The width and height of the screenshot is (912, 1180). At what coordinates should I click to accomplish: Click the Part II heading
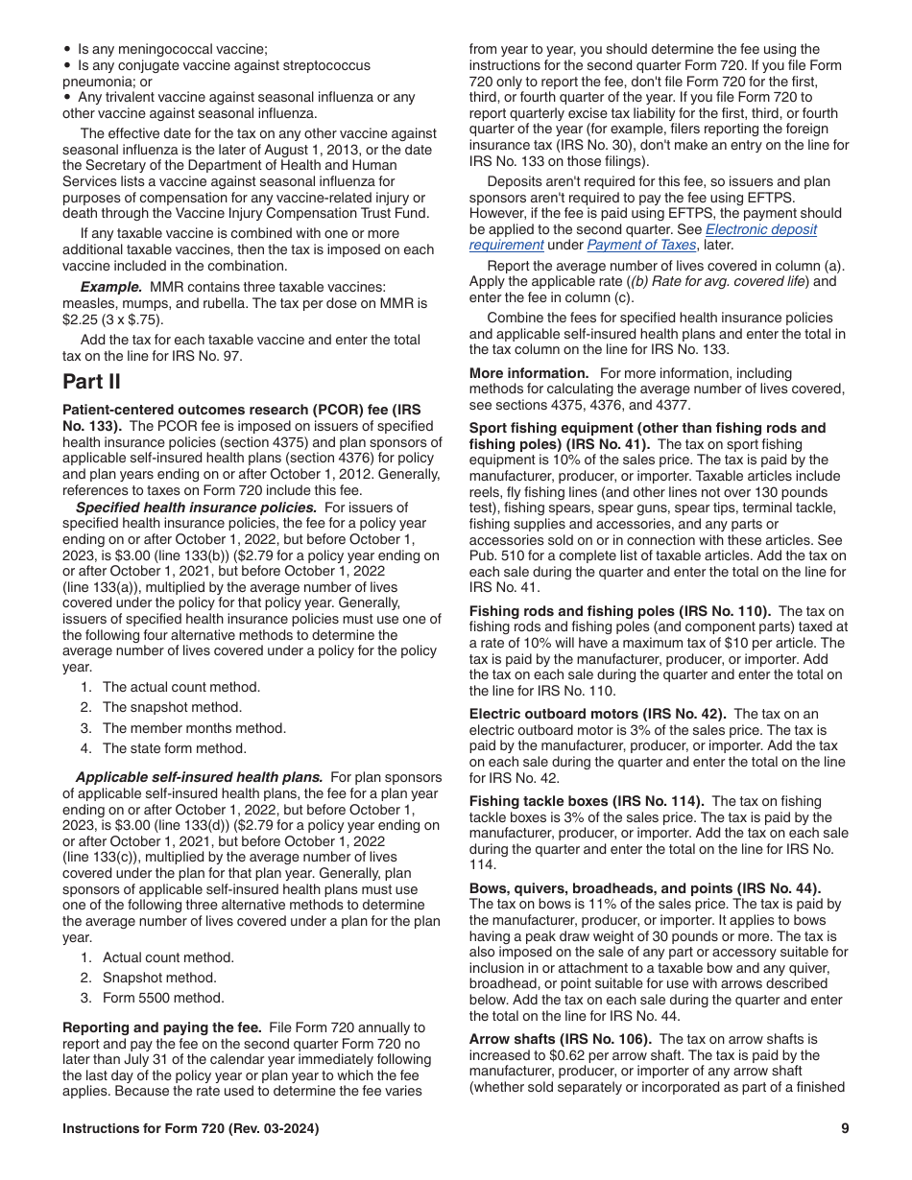(91, 382)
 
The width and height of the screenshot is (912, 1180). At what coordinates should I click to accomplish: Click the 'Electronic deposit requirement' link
(761, 230)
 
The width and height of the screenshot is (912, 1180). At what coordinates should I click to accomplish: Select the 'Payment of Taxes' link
(641, 245)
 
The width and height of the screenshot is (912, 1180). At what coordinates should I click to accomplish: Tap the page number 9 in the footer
(845, 1129)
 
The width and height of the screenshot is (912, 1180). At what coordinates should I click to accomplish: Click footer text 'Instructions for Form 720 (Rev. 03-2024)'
(191, 1129)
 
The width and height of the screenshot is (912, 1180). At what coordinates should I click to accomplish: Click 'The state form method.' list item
(174, 748)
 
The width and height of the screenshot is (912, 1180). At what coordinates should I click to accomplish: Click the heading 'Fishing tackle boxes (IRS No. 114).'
(587, 801)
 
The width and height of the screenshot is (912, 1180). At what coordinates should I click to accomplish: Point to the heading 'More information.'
(529, 373)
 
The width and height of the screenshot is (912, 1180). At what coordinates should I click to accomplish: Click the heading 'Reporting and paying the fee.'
(163, 1027)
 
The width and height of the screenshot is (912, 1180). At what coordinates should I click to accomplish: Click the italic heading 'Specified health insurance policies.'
(196, 507)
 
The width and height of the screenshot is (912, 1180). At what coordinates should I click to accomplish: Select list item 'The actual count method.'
(180, 687)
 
